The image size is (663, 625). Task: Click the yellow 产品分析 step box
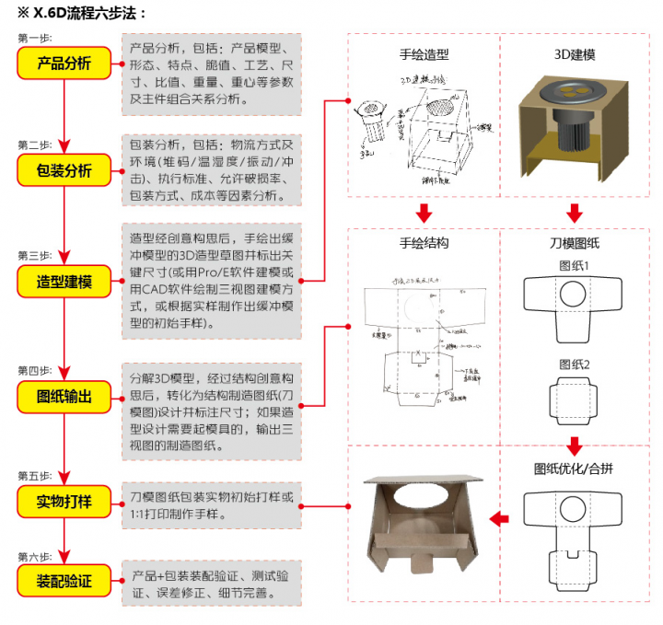64,64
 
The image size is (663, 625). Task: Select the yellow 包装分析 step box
64,171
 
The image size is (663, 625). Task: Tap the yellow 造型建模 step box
64,282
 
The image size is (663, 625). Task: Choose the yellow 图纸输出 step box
64,397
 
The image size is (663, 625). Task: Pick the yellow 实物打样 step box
64,503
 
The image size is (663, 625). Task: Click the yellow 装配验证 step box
64,582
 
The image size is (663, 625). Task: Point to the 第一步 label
34,38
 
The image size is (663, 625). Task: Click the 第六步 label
34,557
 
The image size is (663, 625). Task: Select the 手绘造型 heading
425,54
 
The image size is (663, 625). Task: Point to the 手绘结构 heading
425,244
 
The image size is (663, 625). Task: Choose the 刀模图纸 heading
575,244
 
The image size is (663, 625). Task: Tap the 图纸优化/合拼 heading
574,469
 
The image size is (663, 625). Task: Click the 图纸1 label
575,266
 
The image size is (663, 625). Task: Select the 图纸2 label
575,365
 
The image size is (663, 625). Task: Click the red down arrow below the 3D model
575,213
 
